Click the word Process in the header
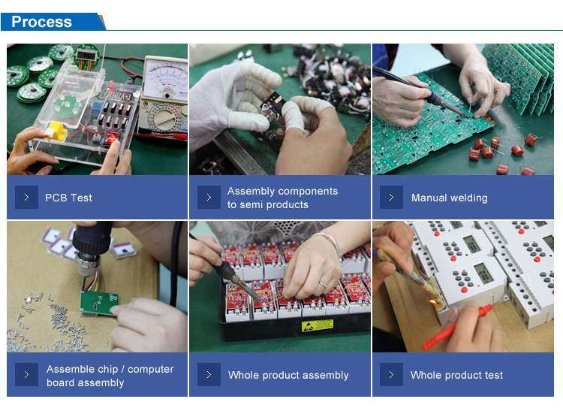[x=41, y=22]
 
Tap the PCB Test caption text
[x=68, y=198]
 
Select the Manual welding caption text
[x=450, y=198]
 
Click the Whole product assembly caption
[x=288, y=375]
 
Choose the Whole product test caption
[x=456, y=375]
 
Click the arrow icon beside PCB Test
[x=26, y=198]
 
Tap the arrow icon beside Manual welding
[x=391, y=198]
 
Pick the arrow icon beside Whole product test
[x=391, y=375]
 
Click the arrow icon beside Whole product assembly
[x=209, y=375]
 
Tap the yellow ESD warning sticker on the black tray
[x=318, y=325]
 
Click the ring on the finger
[x=323, y=285]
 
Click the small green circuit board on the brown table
[x=99, y=302]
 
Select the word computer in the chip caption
[x=151, y=370]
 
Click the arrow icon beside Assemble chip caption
[x=26, y=375]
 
